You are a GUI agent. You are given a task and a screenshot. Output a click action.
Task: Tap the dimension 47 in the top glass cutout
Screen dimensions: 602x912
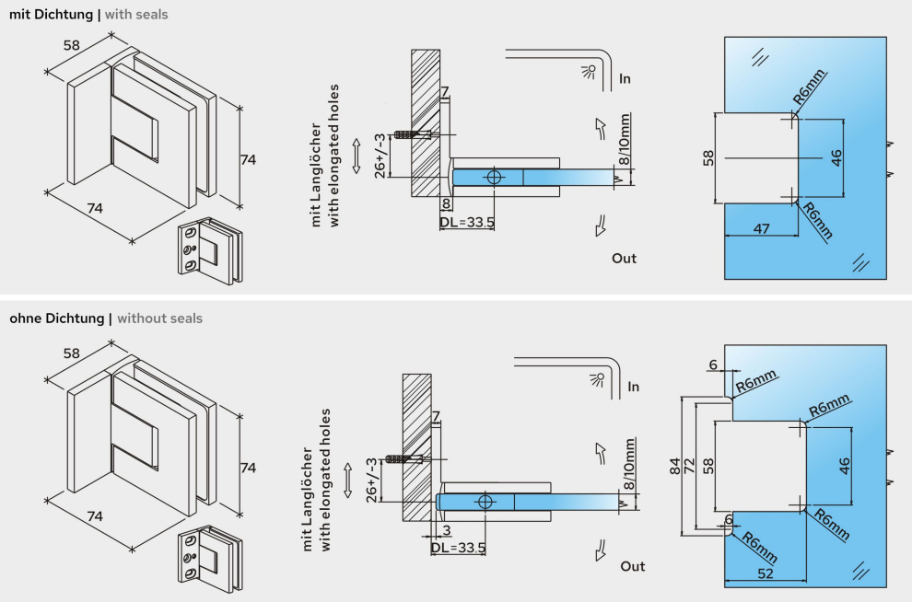(762, 228)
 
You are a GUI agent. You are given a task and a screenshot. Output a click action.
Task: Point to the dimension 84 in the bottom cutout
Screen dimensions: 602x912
(675, 467)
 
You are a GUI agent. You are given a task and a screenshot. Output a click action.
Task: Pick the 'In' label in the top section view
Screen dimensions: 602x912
(625, 79)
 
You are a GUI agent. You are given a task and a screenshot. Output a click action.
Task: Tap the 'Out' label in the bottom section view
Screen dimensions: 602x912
(632, 566)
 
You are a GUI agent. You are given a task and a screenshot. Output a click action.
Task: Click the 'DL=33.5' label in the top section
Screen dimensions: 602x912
(467, 222)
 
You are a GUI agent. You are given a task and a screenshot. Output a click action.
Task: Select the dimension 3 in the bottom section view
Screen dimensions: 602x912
(445, 531)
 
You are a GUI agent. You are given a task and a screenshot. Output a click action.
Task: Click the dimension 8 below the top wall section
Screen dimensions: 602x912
(446, 203)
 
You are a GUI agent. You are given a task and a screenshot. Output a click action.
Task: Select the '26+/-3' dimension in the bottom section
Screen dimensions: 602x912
(371, 479)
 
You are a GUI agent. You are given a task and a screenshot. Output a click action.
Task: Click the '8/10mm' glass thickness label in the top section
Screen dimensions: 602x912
(626, 142)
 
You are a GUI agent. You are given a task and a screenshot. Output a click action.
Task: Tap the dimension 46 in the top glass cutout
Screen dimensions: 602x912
(836, 157)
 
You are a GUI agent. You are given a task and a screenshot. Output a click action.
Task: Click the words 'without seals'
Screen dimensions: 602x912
(159, 318)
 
